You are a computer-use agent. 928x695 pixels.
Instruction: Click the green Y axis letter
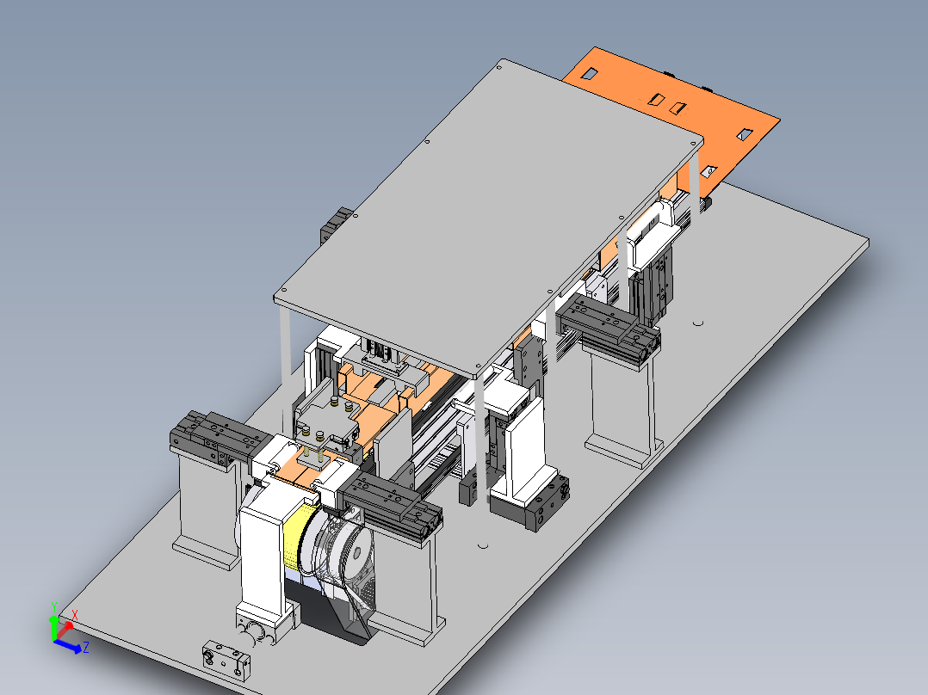(x=54, y=607)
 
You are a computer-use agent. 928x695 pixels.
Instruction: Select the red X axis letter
(x=75, y=616)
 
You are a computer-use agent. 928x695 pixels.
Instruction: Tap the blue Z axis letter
(x=86, y=647)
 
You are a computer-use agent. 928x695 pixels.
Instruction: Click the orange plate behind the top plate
(x=675, y=113)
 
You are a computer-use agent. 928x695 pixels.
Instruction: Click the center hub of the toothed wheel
(x=357, y=554)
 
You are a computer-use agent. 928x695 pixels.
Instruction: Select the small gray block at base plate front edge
(x=226, y=660)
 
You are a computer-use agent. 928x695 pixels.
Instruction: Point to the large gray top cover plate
(x=488, y=218)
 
